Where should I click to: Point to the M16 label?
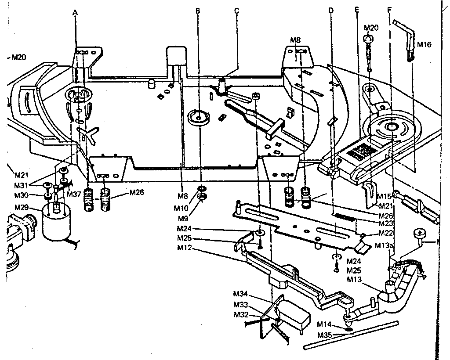[424, 44]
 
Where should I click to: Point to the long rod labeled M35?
[352, 335]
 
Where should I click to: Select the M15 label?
[384, 196]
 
